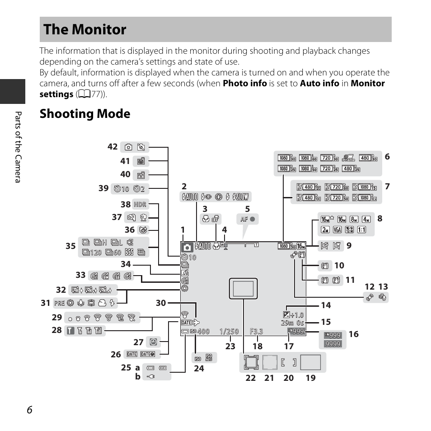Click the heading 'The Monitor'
click(x=85, y=30)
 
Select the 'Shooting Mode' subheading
click(x=85, y=114)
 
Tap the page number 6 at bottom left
click(x=29, y=409)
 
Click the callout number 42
click(x=112, y=146)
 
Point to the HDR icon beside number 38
click(x=140, y=205)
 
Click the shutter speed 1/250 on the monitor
click(x=229, y=331)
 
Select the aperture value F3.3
click(x=256, y=331)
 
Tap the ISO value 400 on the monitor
click(x=203, y=331)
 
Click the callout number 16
click(x=353, y=334)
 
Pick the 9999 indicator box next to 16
click(x=333, y=344)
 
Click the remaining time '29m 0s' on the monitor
click(x=292, y=323)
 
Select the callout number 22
click(x=251, y=378)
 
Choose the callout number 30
click(x=161, y=303)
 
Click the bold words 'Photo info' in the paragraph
click(x=244, y=83)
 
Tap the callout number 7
click(x=387, y=186)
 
